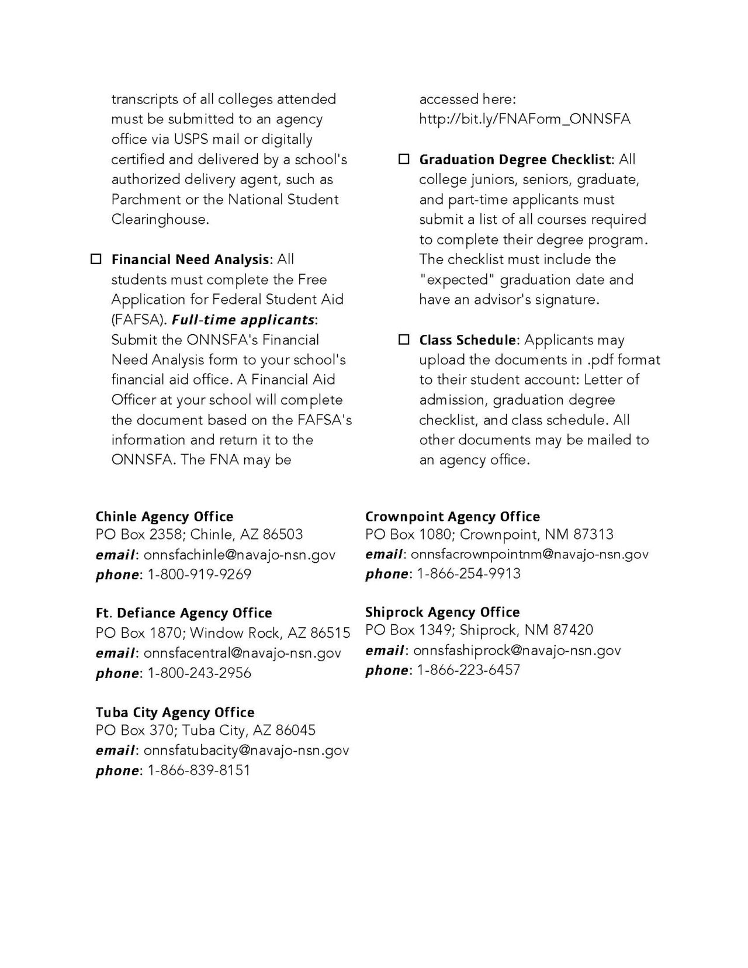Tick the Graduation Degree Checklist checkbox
[x=404, y=159]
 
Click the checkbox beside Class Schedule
[x=404, y=340]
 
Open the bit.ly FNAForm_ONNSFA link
[x=525, y=119]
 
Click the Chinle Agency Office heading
[x=164, y=517]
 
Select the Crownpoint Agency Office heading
[x=452, y=517]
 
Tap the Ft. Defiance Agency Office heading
[x=183, y=613]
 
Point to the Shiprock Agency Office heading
[x=442, y=612]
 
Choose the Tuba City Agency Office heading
[x=175, y=713]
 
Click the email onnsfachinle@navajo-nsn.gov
[x=240, y=555]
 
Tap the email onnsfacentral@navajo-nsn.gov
[x=243, y=653]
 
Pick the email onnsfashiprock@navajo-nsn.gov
[x=517, y=650]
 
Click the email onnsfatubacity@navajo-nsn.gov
[x=246, y=750]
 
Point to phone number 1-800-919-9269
[x=199, y=575]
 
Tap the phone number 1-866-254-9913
[x=468, y=573]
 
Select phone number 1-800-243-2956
[x=199, y=673]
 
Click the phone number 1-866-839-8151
[x=199, y=770]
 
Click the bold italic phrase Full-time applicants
[x=243, y=320]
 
